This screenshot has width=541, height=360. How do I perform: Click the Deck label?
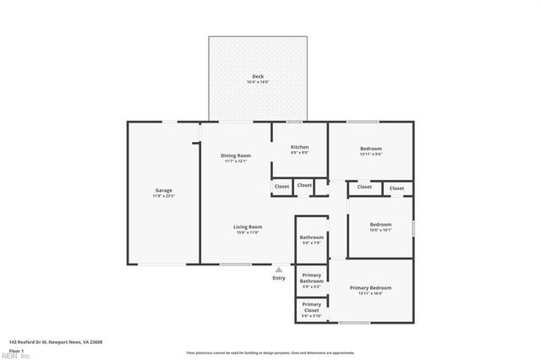pyautogui.click(x=258, y=76)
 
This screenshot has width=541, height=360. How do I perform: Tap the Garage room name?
pyautogui.click(x=163, y=190)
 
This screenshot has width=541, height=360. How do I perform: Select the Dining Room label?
pyautogui.click(x=236, y=155)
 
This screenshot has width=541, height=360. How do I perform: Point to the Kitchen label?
pyautogui.click(x=299, y=147)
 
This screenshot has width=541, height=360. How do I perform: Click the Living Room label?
pyautogui.click(x=248, y=226)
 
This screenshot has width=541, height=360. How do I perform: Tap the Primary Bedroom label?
pyautogui.click(x=370, y=287)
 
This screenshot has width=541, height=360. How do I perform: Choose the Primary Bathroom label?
pyautogui.click(x=311, y=278)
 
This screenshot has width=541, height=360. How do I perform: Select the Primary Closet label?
pyautogui.click(x=311, y=306)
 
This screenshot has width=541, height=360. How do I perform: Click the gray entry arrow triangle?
pyautogui.click(x=279, y=270)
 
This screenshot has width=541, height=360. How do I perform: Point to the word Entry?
pyautogui.click(x=279, y=278)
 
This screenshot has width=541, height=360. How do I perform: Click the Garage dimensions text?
pyautogui.click(x=163, y=196)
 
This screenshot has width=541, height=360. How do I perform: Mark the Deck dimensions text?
pyautogui.click(x=258, y=82)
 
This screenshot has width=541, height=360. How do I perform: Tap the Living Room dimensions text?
pyautogui.click(x=248, y=232)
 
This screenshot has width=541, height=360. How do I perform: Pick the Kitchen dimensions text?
pyautogui.click(x=299, y=153)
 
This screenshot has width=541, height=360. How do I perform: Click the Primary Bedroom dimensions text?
pyautogui.click(x=370, y=293)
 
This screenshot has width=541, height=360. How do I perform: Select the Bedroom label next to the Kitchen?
pyautogui.click(x=371, y=149)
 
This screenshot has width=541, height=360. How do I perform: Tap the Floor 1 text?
pyautogui.click(x=16, y=350)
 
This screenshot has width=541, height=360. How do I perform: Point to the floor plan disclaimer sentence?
pyautogui.click(x=270, y=352)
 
